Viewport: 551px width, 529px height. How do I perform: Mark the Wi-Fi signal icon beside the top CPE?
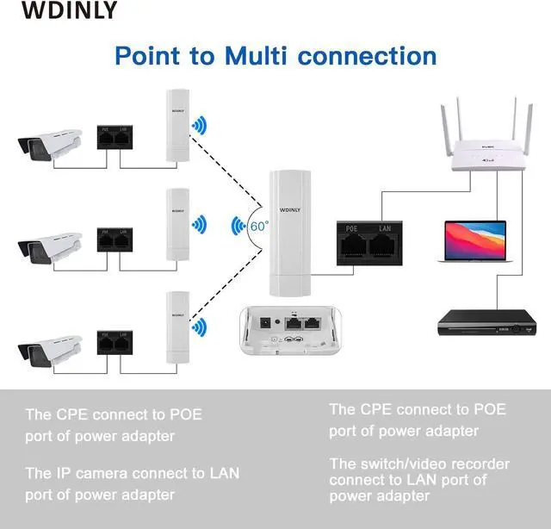coord(200,127)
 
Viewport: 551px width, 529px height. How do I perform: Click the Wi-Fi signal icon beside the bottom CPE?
coord(200,327)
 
